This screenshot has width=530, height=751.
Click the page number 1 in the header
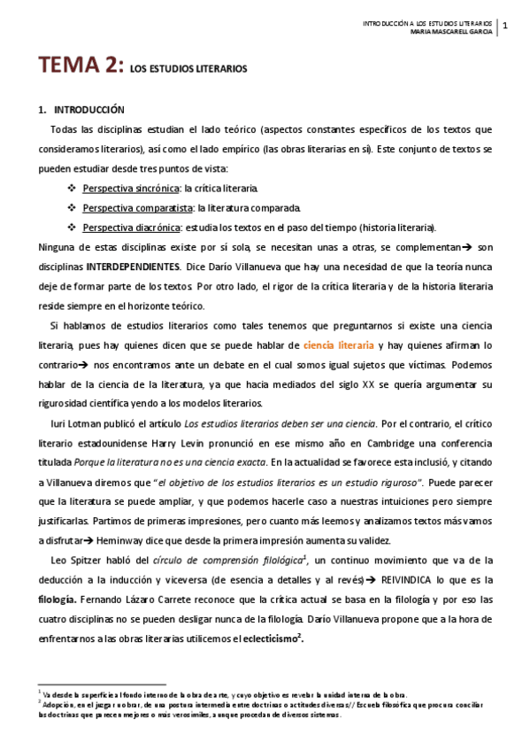504,26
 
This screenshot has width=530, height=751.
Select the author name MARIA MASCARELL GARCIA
449,35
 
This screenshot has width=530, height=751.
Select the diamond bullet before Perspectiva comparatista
72,207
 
